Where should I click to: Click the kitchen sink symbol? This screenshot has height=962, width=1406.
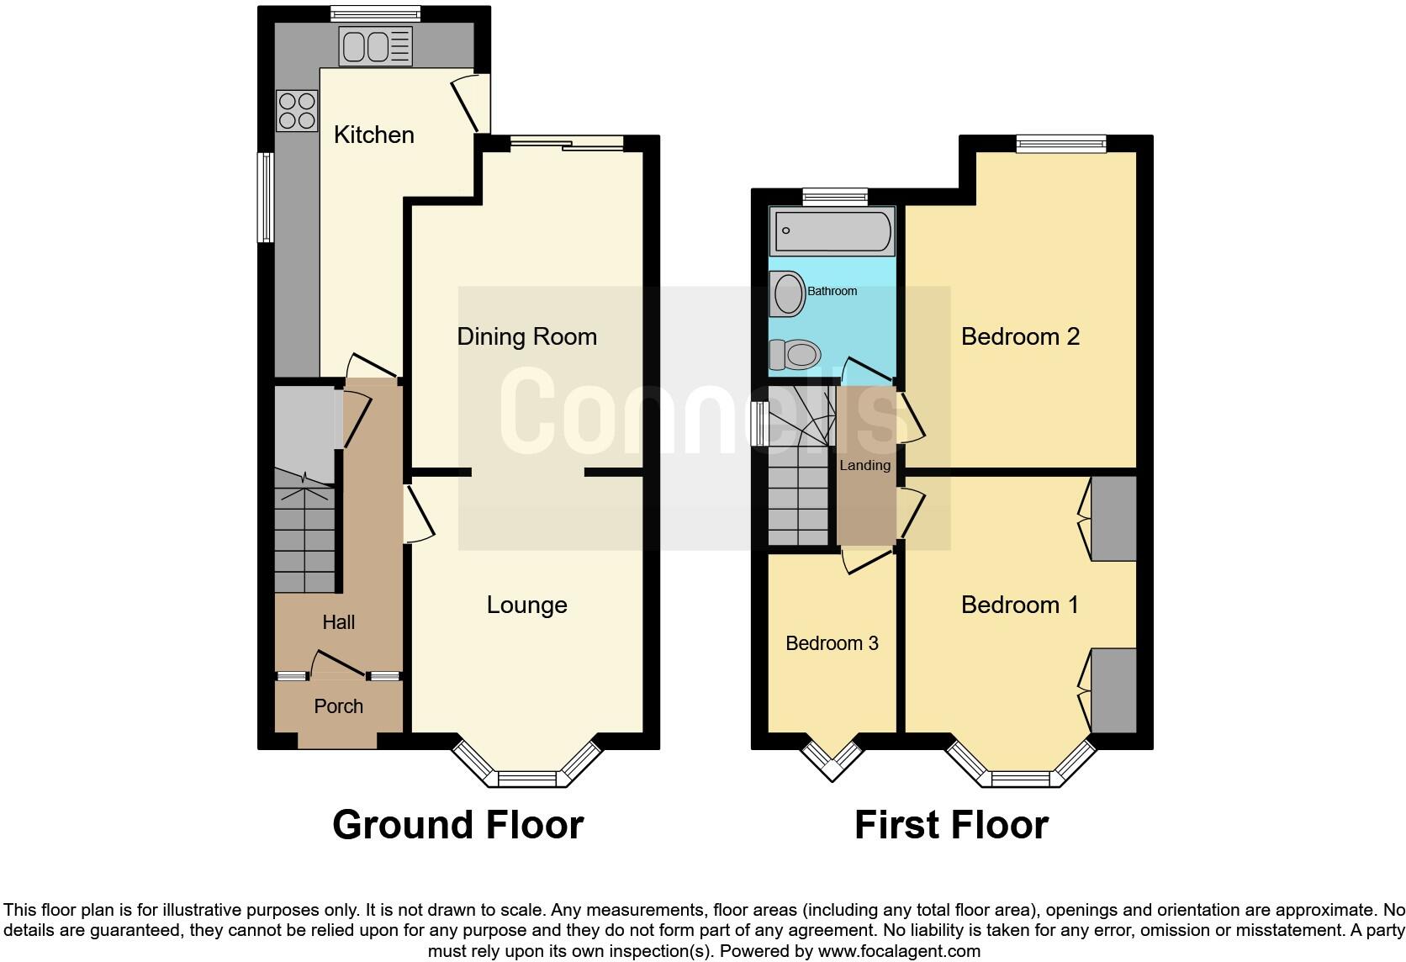tap(375, 45)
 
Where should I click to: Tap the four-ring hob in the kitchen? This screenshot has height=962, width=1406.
tap(297, 111)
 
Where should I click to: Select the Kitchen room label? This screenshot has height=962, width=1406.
tap(373, 135)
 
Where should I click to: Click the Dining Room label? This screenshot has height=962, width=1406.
tap(526, 336)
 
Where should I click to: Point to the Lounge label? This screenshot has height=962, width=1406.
tap(526, 605)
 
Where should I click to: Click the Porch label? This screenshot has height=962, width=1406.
tap(338, 706)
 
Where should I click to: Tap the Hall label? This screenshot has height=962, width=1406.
tap(338, 622)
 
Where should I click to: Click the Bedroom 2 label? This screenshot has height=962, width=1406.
tap(1020, 336)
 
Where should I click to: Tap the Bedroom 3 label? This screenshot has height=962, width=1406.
tap(832, 643)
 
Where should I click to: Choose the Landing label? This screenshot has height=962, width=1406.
tap(864, 465)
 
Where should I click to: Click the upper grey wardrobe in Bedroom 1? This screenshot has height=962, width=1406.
tap(1114, 518)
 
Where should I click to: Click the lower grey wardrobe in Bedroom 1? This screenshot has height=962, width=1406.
tap(1114, 690)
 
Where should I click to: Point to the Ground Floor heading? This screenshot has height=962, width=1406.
tap(457, 825)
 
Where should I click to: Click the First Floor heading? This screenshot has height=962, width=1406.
tap(951, 825)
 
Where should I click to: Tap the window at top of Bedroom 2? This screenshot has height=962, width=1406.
tap(1061, 143)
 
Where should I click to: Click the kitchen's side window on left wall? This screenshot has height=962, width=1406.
tap(266, 198)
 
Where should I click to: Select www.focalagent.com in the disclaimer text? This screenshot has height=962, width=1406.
tap(898, 951)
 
